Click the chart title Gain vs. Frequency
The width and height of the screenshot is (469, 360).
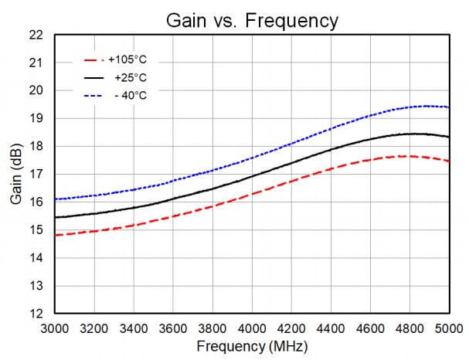252,21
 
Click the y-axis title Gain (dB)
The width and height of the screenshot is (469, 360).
16,175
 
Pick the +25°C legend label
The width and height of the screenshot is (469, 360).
131,77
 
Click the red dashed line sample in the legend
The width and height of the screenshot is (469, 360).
93,59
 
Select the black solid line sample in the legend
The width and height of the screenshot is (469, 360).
93,77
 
